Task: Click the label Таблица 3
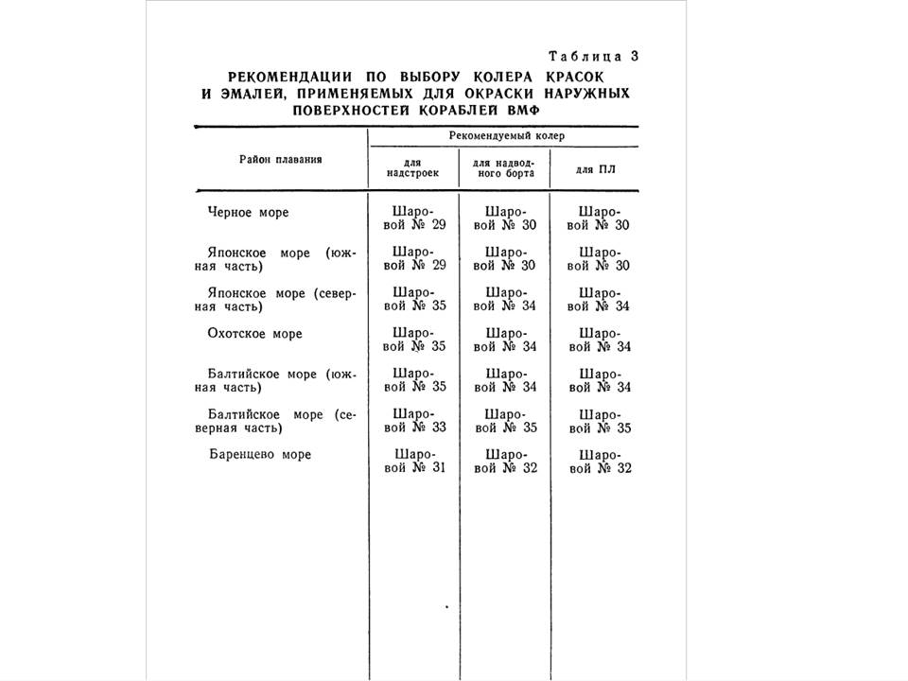tap(594, 55)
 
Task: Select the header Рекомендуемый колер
tap(502, 136)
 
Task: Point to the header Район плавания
tap(281, 159)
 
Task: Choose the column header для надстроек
tap(412, 168)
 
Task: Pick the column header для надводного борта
tap(504, 168)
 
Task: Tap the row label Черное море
tap(248, 213)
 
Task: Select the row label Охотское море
tap(255, 334)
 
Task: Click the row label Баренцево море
tap(260, 454)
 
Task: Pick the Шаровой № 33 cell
tap(412, 421)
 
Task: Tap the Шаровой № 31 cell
tap(412, 462)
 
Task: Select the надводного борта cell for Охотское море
tap(504, 340)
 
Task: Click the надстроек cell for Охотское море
tap(412, 340)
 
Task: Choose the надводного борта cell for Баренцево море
tap(504, 462)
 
